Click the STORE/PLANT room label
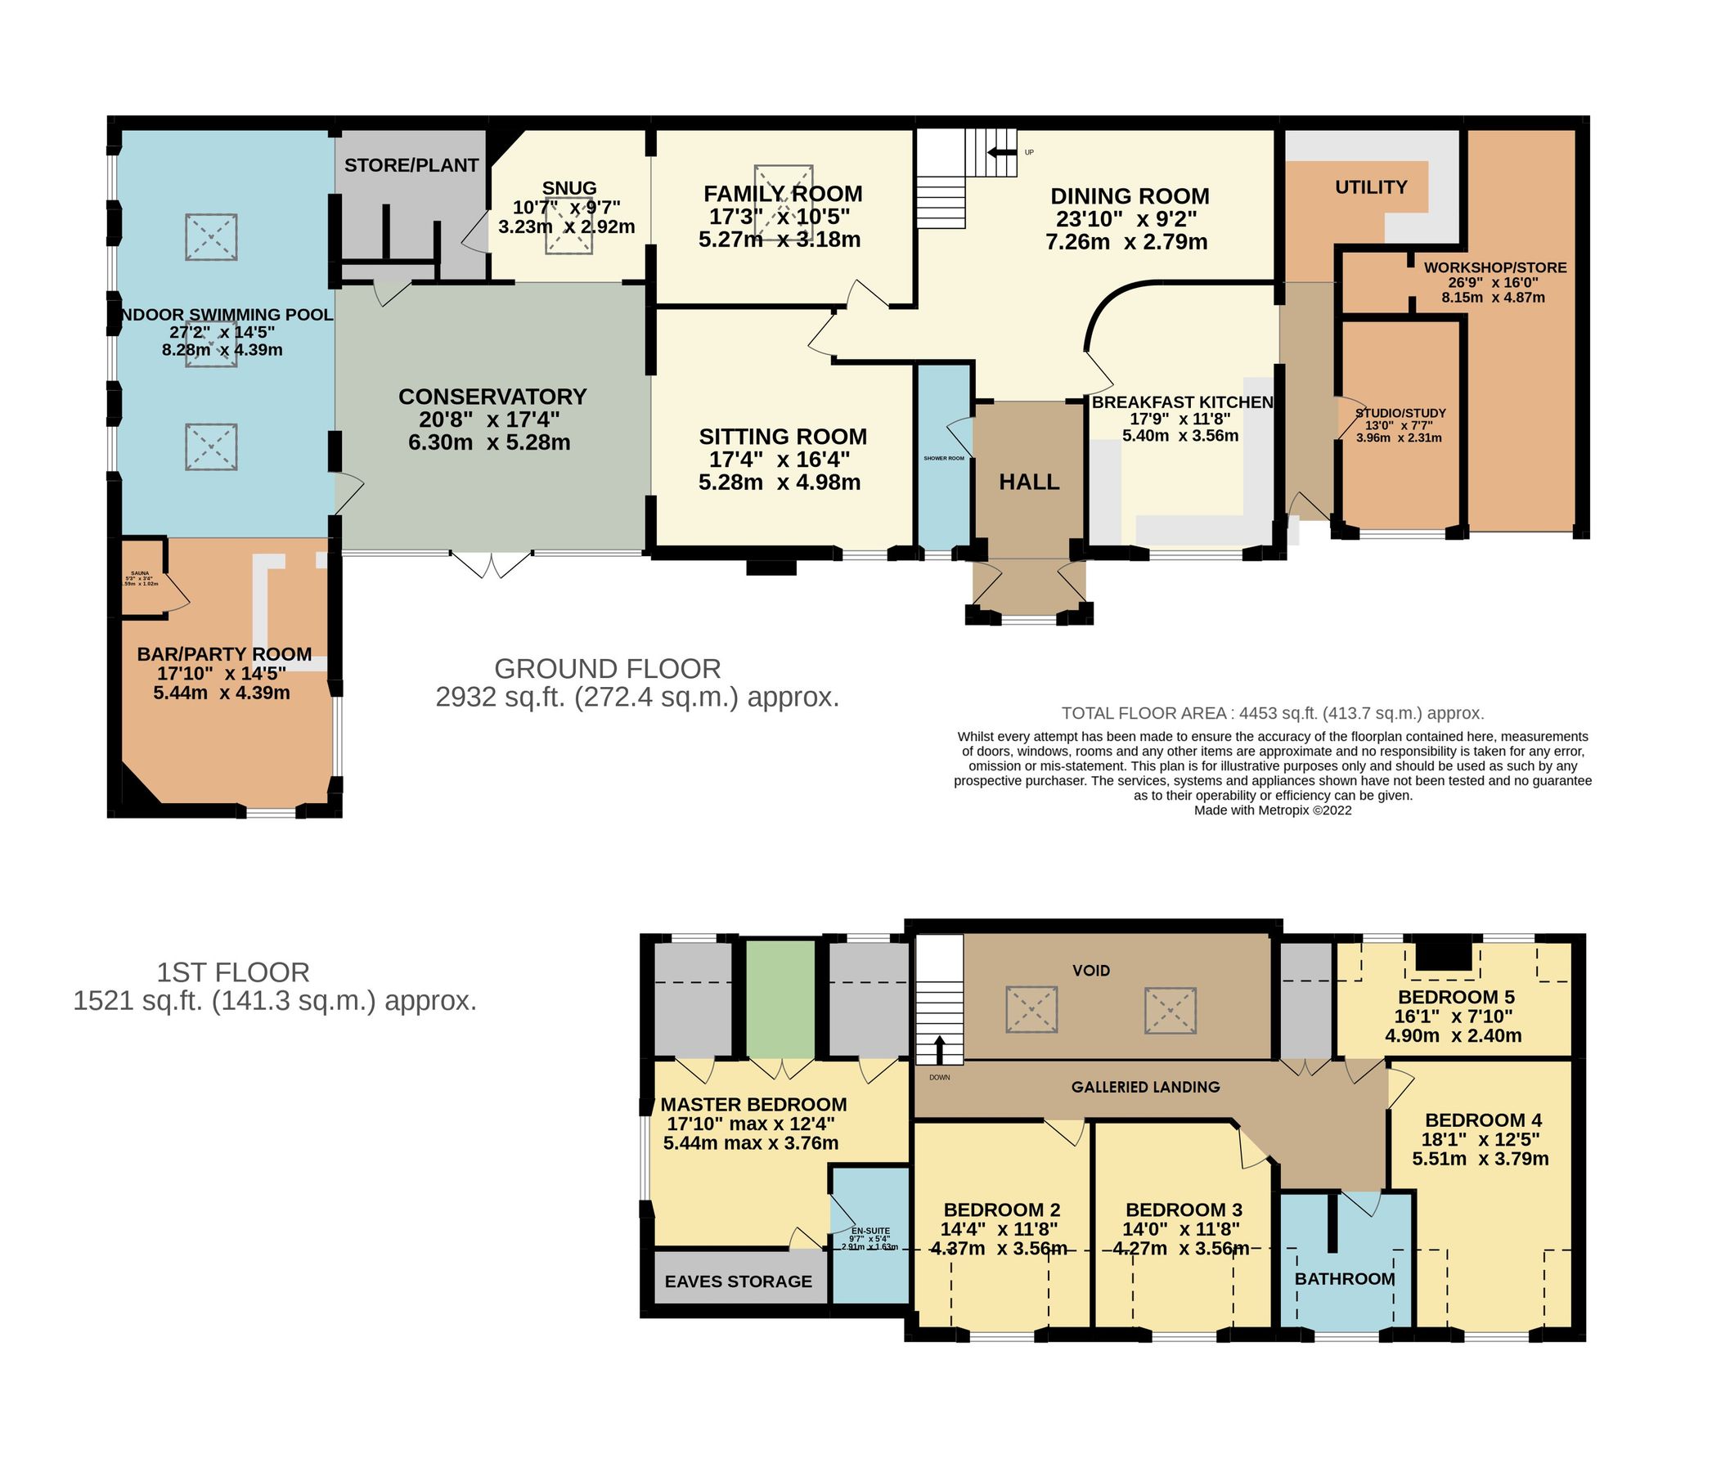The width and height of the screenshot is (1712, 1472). point(411,165)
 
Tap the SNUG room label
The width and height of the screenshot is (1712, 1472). point(569,188)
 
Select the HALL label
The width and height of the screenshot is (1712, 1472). point(1029,482)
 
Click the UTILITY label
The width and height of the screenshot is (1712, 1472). point(1371,187)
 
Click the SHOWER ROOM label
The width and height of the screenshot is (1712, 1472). point(944,458)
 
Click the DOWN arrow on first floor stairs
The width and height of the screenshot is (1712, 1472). point(939,1051)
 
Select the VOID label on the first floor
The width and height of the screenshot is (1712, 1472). point(1090,971)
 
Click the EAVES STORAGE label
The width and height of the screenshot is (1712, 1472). point(738,1281)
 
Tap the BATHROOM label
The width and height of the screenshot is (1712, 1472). point(1344,1279)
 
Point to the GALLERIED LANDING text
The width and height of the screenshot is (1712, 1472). point(1145,1087)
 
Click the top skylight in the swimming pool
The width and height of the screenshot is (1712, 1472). point(212,237)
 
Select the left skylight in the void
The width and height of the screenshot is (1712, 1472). point(1031,1009)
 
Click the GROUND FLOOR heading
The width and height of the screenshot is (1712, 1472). point(607,668)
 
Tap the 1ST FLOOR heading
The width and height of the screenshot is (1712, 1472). point(233,972)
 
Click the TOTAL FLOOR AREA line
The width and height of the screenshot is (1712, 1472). point(1273,713)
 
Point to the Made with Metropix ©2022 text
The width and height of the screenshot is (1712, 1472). point(1273,810)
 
